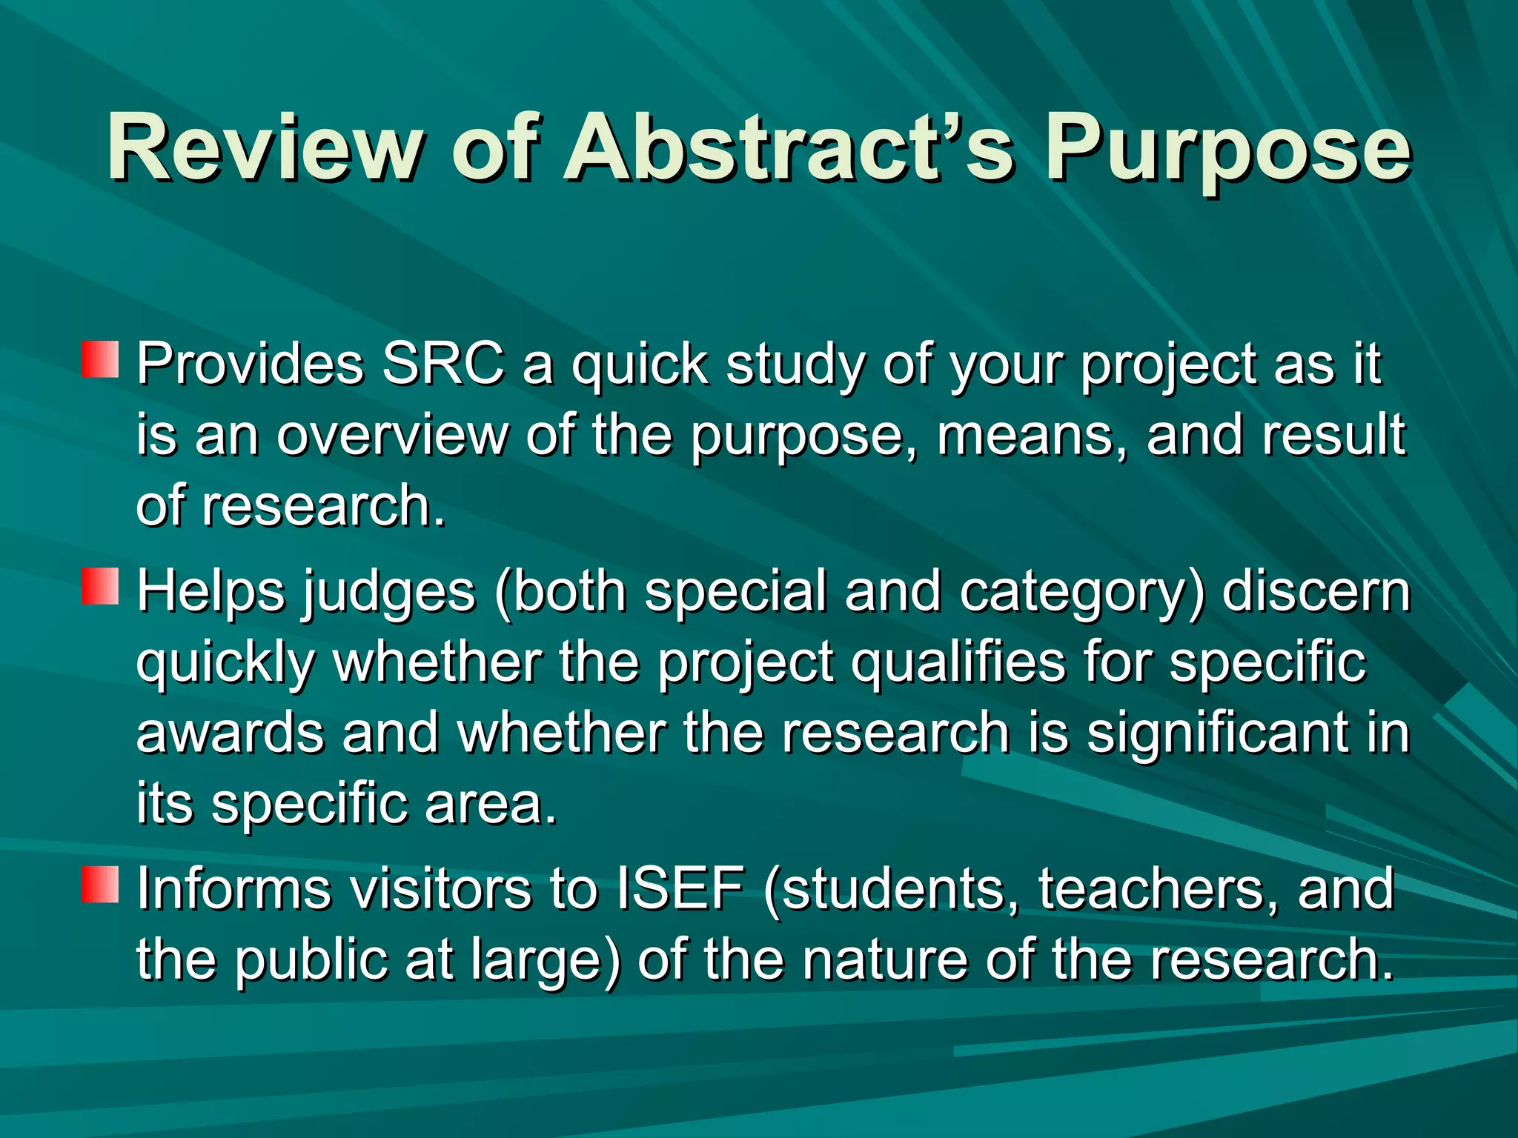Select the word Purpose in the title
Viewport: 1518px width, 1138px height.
pos(1227,148)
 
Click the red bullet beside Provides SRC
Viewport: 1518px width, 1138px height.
pos(100,359)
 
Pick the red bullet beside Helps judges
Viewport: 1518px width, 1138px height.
pos(100,586)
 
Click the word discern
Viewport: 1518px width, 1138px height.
pos(1316,590)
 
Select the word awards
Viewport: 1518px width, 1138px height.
pos(230,732)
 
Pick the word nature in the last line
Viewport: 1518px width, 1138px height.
pos(886,959)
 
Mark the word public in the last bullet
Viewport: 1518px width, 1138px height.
pos(311,959)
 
